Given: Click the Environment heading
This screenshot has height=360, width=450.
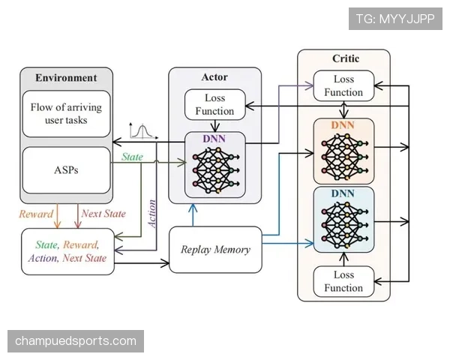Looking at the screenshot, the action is (66, 78).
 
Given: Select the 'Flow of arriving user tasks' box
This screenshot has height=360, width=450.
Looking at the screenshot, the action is (66, 114).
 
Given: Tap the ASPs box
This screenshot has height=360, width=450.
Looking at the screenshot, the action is (66, 170).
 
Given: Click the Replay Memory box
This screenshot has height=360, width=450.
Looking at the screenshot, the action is (215, 249).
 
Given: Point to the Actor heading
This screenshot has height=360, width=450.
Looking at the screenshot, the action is (214, 77).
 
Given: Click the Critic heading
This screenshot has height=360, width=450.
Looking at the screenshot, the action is (346, 58).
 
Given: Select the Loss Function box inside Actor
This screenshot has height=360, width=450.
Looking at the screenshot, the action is (215, 104).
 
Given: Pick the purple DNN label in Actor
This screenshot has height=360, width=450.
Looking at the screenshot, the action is (214, 139).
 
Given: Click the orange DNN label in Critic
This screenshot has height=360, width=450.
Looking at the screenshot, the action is (343, 125).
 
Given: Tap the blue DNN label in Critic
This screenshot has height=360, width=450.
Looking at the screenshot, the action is (343, 193).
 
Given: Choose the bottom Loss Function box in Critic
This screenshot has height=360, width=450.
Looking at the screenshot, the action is (343, 281).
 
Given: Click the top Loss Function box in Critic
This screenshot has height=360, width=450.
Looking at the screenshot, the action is (343, 85).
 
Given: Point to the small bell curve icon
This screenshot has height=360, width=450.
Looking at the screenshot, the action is (143, 131).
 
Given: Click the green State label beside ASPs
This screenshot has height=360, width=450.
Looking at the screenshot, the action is (132, 157).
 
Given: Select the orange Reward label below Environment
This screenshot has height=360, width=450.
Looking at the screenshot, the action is (36, 214).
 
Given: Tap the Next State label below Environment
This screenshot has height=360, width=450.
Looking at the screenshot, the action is (103, 214).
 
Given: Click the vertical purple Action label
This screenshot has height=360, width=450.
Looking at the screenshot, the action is (151, 214).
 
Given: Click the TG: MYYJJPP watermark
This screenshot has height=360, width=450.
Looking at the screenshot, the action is (395, 19).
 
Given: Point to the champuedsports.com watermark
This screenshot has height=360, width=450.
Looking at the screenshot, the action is (76, 341).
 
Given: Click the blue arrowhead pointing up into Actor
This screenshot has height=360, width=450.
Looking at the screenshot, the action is (193, 208).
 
